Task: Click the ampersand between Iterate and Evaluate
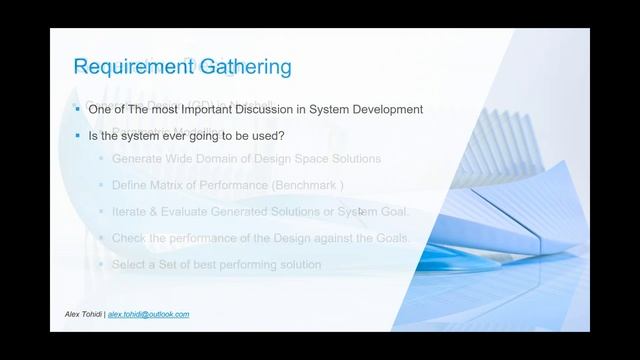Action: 158,211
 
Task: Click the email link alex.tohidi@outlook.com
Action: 148,314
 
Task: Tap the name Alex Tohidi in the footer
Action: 82,314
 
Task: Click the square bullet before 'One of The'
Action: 77,107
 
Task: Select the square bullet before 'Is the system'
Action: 77,133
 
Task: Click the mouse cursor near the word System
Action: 360,212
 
